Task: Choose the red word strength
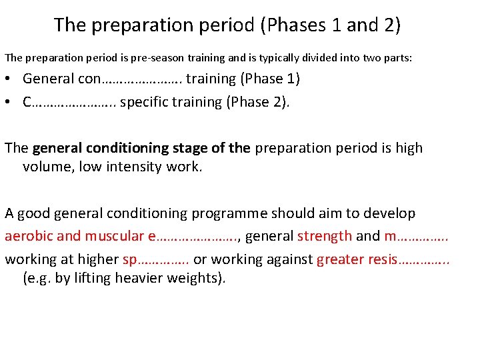tap(325, 235)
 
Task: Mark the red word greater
tap(340, 258)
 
